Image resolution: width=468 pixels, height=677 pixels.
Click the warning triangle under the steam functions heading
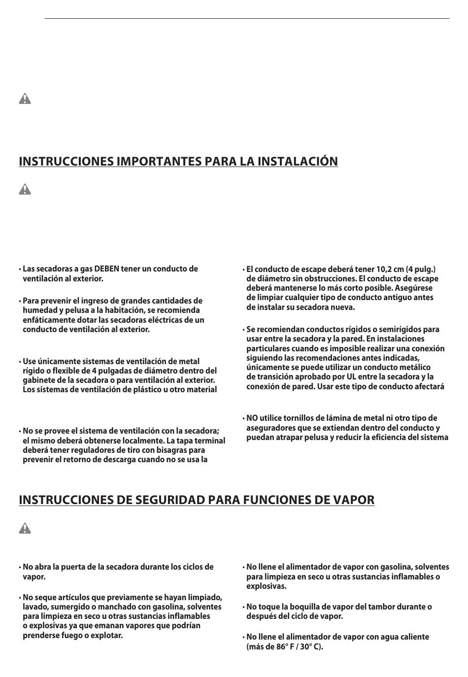click(x=25, y=529)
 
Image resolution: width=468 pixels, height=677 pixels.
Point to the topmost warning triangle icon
click(x=25, y=99)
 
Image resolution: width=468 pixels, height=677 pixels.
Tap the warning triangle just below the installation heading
click(x=25, y=189)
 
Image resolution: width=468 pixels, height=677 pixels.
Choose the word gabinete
click(x=40, y=380)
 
